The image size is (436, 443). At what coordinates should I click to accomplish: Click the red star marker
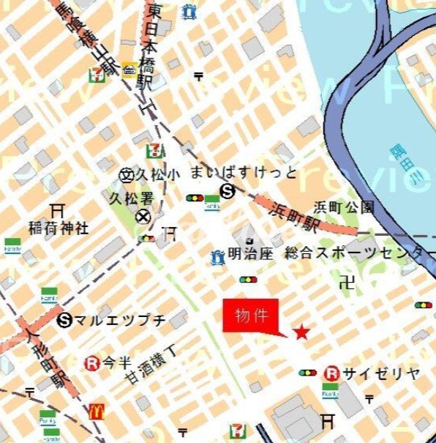[x=301, y=332]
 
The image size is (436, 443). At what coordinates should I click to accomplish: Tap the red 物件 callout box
[x=250, y=316]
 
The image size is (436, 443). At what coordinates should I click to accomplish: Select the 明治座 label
[x=246, y=256]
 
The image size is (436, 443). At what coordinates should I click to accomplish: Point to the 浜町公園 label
[x=344, y=207]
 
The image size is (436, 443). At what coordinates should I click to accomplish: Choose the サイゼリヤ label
[x=383, y=373]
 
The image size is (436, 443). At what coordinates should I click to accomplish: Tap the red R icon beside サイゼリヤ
[x=331, y=373]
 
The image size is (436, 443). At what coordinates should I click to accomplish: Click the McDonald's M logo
[x=96, y=412]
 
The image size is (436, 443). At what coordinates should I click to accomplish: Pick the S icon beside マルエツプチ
[x=66, y=319]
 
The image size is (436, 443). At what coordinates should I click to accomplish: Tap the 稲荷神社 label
[x=59, y=228]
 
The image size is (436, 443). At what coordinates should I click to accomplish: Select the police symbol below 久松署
[x=144, y=216]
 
